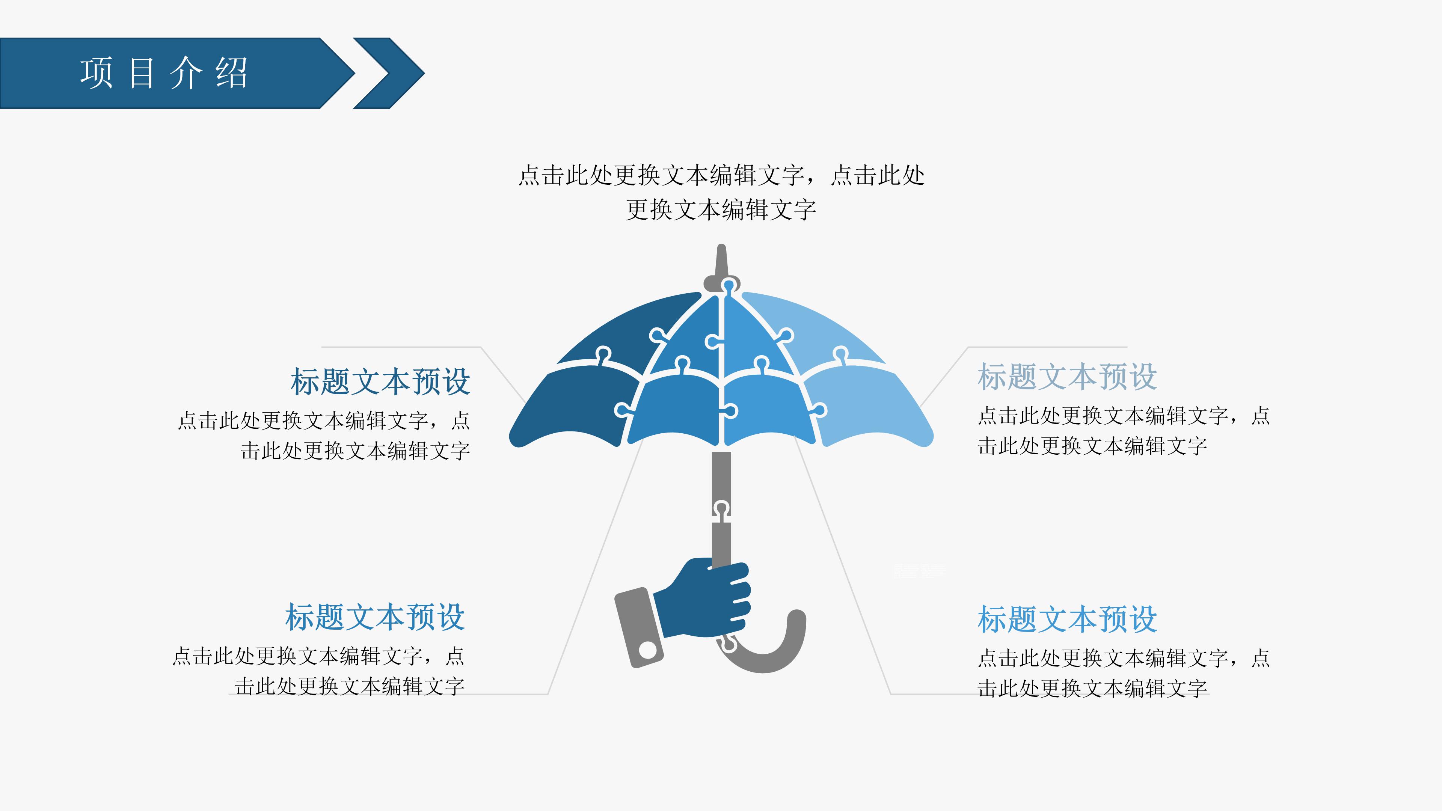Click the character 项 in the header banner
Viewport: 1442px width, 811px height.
(96, 73)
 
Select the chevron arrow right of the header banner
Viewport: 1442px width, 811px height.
(389, 73)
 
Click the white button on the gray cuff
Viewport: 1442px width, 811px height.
(648, 650)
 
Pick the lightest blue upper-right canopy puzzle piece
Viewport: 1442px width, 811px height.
(817, 325)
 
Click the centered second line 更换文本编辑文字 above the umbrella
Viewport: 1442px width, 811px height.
(721, 210)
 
